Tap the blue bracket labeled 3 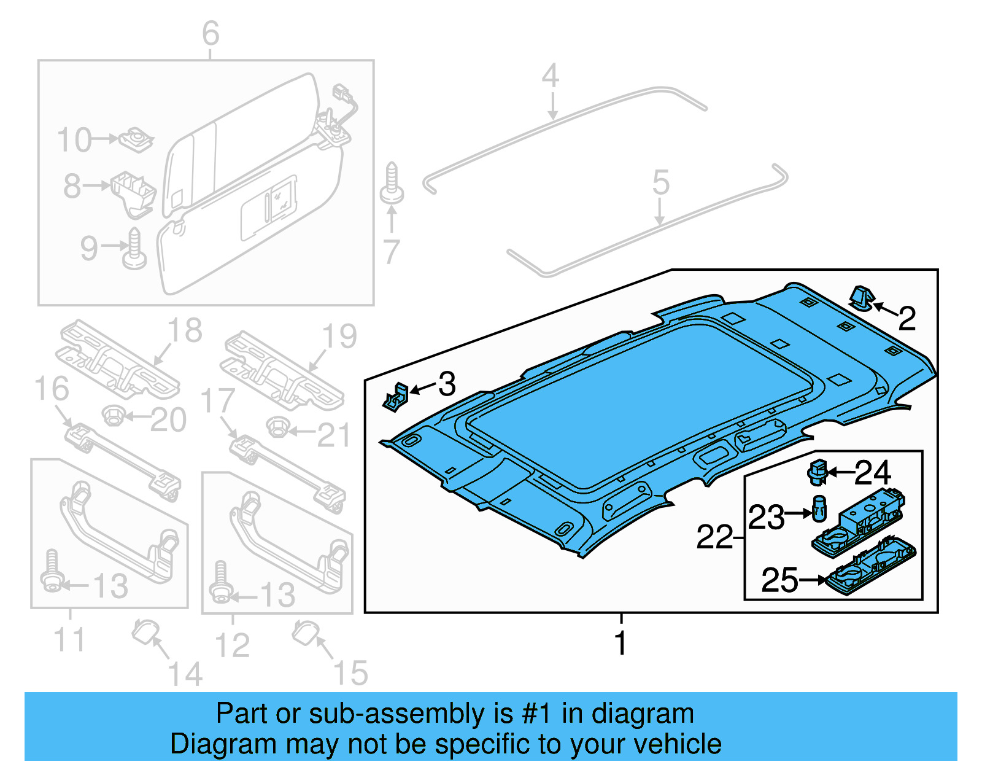[396, 397]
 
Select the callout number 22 [714, 537]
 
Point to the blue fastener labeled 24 [817, 472]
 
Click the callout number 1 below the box [621, 643]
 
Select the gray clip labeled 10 [136, 141]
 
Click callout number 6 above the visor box [211, 33]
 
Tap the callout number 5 [660, 182]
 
